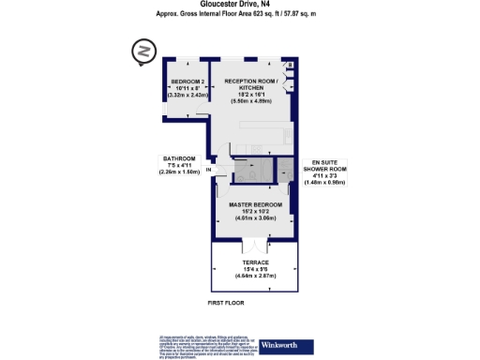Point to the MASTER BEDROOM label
[256, 202]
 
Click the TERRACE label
[257, 263]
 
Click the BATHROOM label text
[178, 158]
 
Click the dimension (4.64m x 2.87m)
[256, 278]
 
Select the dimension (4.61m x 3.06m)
[256, 217]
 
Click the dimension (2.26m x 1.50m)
[178, 172]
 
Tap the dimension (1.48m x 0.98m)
[329, 182]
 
